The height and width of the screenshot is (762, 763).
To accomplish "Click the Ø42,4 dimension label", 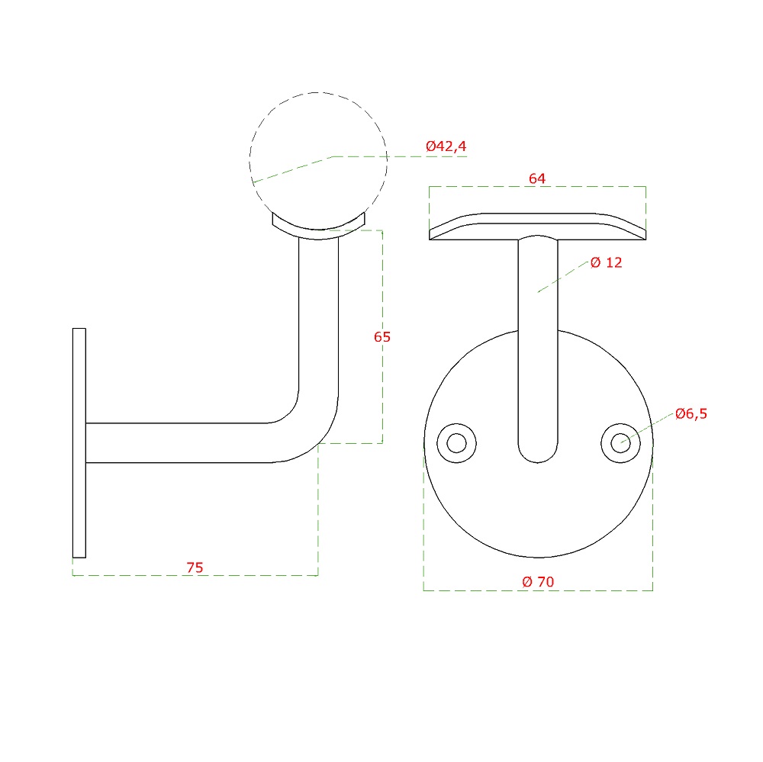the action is click(x=446, y=146).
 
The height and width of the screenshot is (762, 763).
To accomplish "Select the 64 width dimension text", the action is click(x=537, y=178).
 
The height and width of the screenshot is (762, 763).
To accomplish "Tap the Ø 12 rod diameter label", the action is click(x=607, y=262).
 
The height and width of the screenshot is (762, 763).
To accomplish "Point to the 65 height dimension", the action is click(x=382, y=336).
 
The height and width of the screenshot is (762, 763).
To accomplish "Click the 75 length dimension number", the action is click(x=195, y=567).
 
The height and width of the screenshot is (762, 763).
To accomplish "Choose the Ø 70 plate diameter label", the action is click(x=538, y=581).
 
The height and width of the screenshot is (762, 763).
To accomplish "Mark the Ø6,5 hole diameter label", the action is click(x=691, y=413).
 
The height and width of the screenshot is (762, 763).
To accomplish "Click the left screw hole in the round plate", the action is click(x=456, y=443).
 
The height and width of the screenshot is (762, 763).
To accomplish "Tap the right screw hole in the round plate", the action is click(x=620, y=443).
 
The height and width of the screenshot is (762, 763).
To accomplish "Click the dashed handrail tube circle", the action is click(x=318, y=92).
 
